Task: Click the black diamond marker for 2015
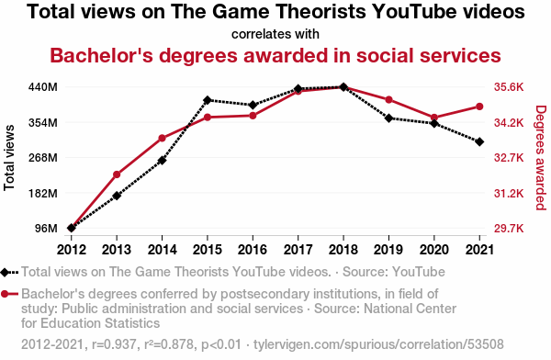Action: [x=208, y=100]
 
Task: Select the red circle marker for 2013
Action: [x=117, y=174]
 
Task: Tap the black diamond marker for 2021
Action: [x=479, y=141]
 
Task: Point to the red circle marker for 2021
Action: [x=479, y=107]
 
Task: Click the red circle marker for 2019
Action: [x=389, y=100]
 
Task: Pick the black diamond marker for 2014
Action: [x=162, y=161]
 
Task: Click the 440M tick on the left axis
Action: [x=42, y=87]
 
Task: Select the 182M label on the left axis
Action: [x=42, y=194]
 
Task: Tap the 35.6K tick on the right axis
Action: [x=509, y=87]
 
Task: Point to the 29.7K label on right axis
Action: [x=509, y=229]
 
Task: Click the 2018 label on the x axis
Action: [x=343, y=250]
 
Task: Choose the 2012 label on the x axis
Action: [x=72, y=250]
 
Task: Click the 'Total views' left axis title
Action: [x=9, y=158]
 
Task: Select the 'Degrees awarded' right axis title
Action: [x=541, y=158]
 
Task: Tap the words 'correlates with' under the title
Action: [x=275, y=34]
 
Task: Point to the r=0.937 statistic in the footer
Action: [x=114, y=344]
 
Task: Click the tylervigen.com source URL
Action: [x=378, y=344]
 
